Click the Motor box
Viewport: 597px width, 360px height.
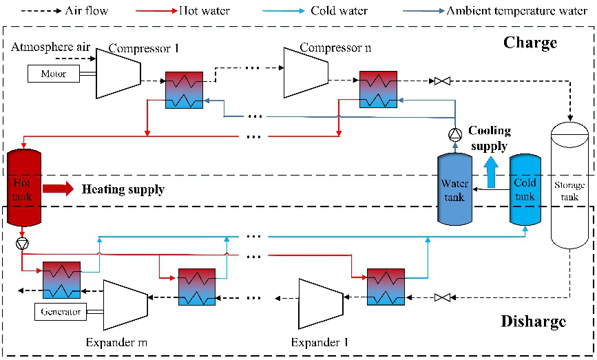pos(53,74)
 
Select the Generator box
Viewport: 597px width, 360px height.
pos(61,312)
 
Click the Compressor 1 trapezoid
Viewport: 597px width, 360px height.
pos(118,73)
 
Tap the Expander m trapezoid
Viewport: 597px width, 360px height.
pos(125,304)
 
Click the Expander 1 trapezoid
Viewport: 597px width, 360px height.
pos(320,304)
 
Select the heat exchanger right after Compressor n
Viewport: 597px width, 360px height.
pos(378,90)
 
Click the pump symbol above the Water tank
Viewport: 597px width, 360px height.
pos(454,136)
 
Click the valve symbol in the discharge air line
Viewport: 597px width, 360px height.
pos(443,298)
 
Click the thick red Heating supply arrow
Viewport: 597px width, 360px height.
pos(58,189)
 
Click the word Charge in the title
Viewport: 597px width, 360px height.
pos(530,43)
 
